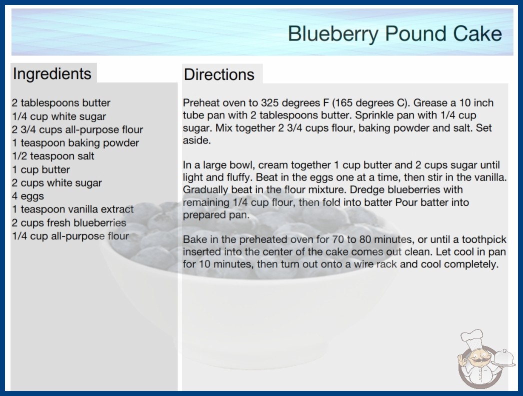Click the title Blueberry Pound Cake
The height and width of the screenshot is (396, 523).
click(394, 33)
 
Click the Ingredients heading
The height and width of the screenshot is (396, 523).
click(52, 74)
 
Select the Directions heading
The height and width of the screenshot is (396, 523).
click(219, 74)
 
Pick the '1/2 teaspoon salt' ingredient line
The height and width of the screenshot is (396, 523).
click(53, 156)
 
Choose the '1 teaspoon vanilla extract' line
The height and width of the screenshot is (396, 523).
click(72, 209)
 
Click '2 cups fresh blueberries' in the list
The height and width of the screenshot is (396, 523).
click(69, 222)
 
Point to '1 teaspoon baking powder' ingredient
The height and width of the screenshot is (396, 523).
click(75, 143)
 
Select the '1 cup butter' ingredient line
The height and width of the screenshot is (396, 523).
click(41, 169)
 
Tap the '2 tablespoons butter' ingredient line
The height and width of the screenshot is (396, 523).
click(61, 103)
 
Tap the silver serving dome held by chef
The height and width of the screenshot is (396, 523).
click(504, 358)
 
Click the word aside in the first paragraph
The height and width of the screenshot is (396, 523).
click(196, 140)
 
